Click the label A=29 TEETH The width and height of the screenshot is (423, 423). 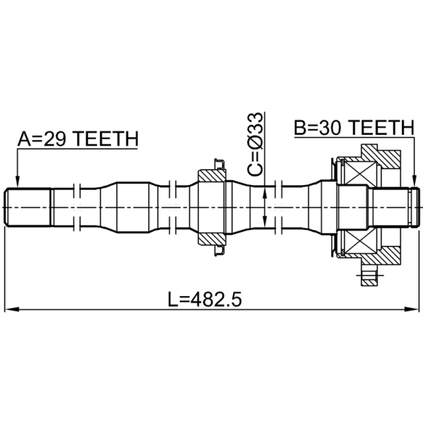coord(78,139)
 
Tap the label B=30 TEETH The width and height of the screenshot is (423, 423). coord(354,127)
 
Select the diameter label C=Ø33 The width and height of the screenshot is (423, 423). coord(255,144)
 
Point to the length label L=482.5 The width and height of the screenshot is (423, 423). coord(205,299)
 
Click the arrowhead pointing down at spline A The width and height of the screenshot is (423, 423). coord(17,181)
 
